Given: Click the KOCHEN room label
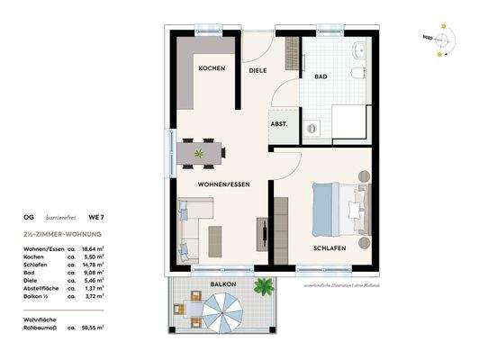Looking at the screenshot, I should tap(212, 68).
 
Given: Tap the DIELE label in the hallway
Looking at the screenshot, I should tap(260, 69).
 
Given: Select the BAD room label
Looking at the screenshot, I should tap(321, 77).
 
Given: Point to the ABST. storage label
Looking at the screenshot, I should tap(279, 124).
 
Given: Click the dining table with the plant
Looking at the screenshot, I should tap(199, 154).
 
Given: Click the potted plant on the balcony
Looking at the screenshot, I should tap(264, 288).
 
